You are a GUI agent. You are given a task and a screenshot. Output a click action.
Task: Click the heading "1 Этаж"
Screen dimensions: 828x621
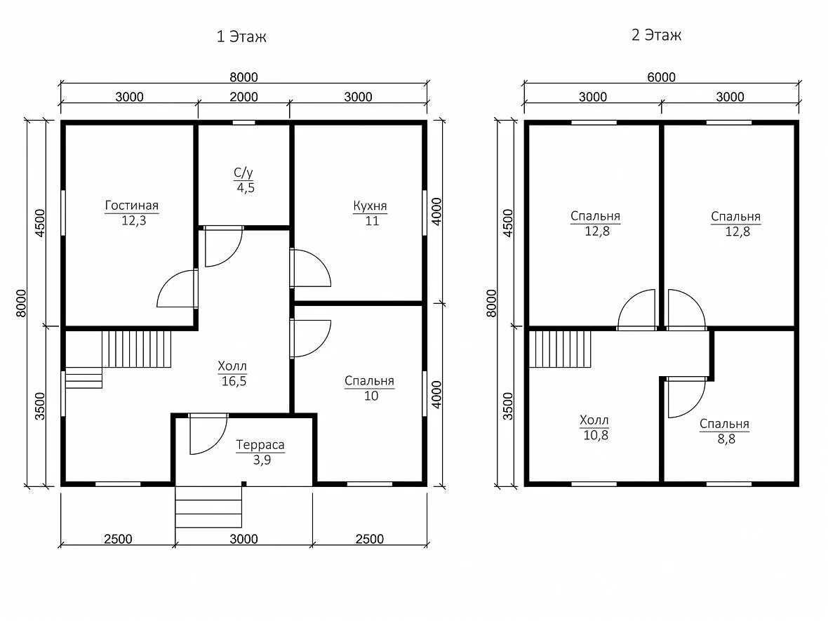tap(241, 36)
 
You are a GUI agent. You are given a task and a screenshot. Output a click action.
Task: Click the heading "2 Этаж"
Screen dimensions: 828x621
tap(656, 35)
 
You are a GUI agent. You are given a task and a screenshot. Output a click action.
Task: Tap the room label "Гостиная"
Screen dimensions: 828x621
tap(131, 206)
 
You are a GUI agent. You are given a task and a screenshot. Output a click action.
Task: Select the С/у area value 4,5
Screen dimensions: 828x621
tap(246, 188)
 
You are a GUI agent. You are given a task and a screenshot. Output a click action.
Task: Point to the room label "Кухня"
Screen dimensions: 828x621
tap(370, 206)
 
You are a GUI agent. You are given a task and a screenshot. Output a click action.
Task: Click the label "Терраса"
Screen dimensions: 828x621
tap(260, 445)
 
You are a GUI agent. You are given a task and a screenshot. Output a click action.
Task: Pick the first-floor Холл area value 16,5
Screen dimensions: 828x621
tap(234, 381)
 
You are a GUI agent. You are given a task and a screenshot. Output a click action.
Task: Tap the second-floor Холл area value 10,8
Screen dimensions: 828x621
tap(596, 435)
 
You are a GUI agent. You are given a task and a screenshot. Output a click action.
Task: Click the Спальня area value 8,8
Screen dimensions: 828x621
tap(726, 439)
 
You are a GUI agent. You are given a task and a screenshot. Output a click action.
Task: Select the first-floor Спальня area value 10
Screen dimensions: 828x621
tap(371, 396)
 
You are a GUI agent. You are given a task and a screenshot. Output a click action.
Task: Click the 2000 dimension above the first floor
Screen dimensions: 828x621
tap(244, 97)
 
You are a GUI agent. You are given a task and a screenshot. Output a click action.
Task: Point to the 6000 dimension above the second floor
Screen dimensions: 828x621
tap(661, 77)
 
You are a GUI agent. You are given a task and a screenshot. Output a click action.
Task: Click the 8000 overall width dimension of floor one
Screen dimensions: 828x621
tap(243, 77)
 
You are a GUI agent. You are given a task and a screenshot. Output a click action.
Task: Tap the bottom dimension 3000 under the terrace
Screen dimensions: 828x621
tap(244, 539)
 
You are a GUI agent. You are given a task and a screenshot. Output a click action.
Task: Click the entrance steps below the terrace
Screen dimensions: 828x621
tap(208, 507)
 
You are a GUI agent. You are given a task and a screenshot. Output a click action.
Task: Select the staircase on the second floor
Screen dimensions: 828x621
tap(560, 349)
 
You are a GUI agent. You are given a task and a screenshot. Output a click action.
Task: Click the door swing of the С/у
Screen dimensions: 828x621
tap(223, 246)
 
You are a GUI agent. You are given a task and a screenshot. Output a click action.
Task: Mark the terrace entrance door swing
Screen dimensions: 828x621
tap(208, 434)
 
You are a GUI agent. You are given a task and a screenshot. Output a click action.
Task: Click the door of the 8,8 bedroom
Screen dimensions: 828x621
tap(686, 398)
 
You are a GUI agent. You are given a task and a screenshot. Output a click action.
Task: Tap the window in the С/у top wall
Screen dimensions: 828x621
tap(244, 123)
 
